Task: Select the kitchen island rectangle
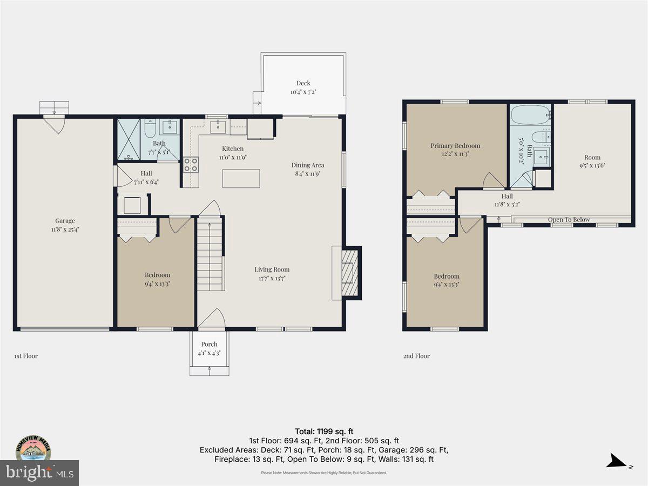coord(241,178)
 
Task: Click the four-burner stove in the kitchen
coord(191,164)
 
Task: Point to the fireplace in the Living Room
coord(349,273)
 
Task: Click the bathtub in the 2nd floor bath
coord(530,115)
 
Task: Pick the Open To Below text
coord(569,220)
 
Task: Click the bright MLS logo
coord(39,473)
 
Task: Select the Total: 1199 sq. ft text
coord(324,431)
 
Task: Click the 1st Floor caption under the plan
coord(26,356)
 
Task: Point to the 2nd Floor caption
coord(416,356)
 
